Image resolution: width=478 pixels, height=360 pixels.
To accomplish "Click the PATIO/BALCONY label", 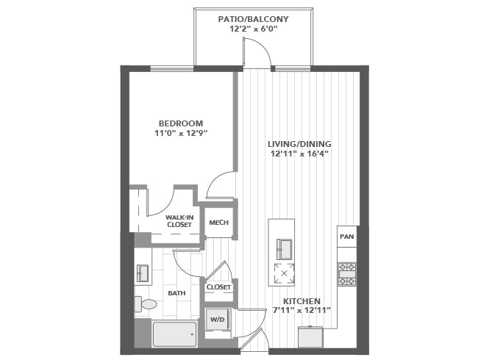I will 254,18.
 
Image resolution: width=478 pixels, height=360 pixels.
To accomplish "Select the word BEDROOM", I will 181,123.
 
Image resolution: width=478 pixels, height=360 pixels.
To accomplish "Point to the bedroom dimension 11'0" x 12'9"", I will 181,134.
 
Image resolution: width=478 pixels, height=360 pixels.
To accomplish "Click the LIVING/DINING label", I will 299,144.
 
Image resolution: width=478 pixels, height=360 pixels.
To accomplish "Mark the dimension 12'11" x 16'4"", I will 299,154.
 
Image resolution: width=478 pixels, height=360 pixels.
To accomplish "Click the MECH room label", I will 218,223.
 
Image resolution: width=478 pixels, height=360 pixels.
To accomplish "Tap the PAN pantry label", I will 346,237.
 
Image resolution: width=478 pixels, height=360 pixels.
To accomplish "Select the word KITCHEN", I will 302,301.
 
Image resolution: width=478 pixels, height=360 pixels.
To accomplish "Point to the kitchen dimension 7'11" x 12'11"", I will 302,311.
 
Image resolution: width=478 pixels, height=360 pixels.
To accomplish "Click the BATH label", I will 176,293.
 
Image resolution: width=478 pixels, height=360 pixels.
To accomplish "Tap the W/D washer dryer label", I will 216,320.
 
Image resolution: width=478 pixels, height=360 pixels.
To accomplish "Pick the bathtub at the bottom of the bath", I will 174,334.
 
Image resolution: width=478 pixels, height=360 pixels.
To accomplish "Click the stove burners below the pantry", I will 346,273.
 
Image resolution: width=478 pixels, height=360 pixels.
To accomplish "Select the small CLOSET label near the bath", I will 218,287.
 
